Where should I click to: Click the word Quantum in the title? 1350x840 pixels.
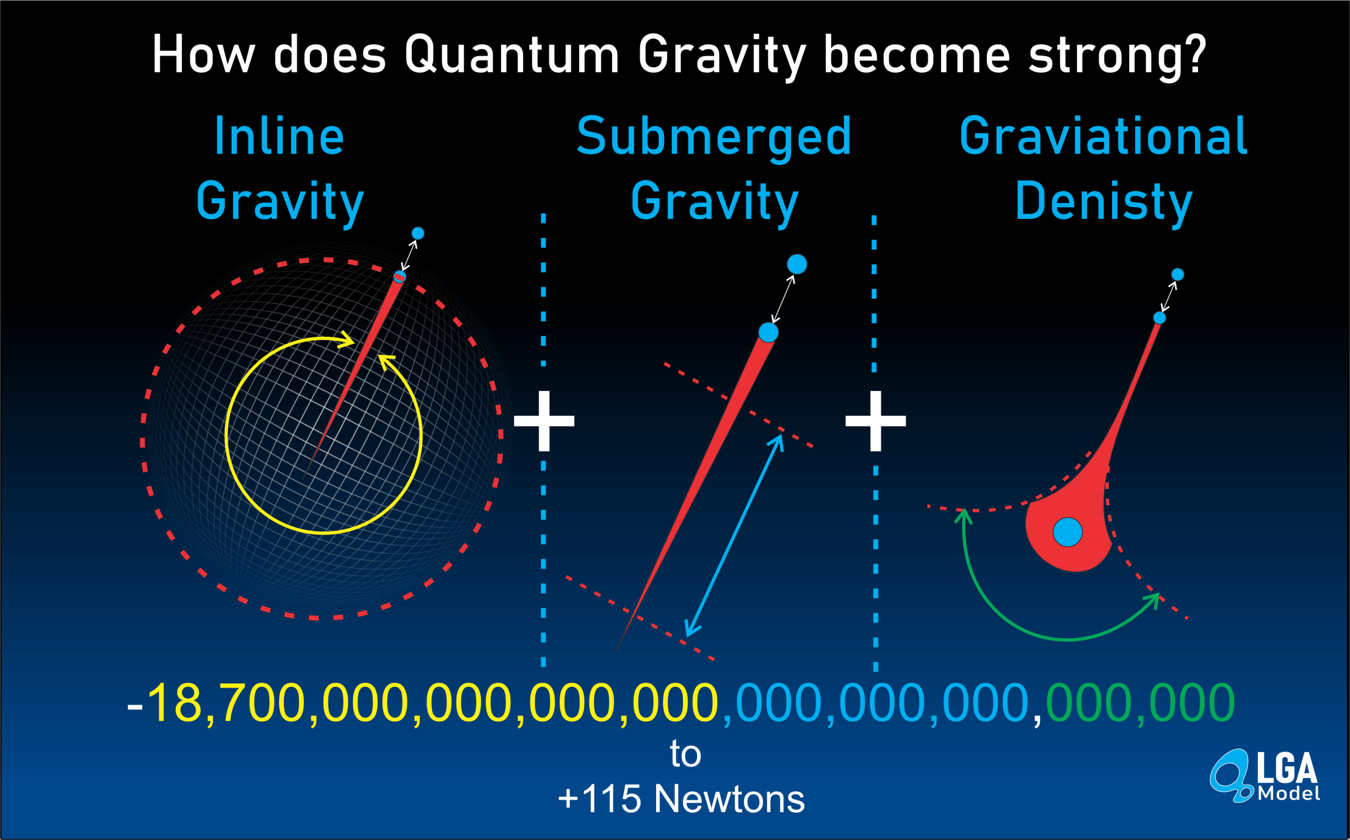point(511,54)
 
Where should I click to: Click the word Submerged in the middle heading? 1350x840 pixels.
point(714,139)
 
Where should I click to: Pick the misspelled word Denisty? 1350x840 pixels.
point(1104,204)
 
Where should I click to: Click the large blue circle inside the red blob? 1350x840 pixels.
point(1068,532)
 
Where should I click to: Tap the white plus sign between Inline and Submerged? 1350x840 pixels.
point(544,421)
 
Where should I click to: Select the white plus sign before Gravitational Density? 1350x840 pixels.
point(876,421)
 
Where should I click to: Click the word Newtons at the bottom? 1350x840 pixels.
point(730,799)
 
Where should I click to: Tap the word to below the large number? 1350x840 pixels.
point(685,754)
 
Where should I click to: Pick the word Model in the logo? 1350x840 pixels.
point(1289,793)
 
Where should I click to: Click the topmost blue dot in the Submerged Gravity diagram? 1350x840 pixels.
point(797,264)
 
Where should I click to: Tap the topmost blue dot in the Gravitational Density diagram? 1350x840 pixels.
point(1178,275)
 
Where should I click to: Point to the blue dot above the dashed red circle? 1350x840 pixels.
point(418,233)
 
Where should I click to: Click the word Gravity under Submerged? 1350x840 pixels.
point(714,204)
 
